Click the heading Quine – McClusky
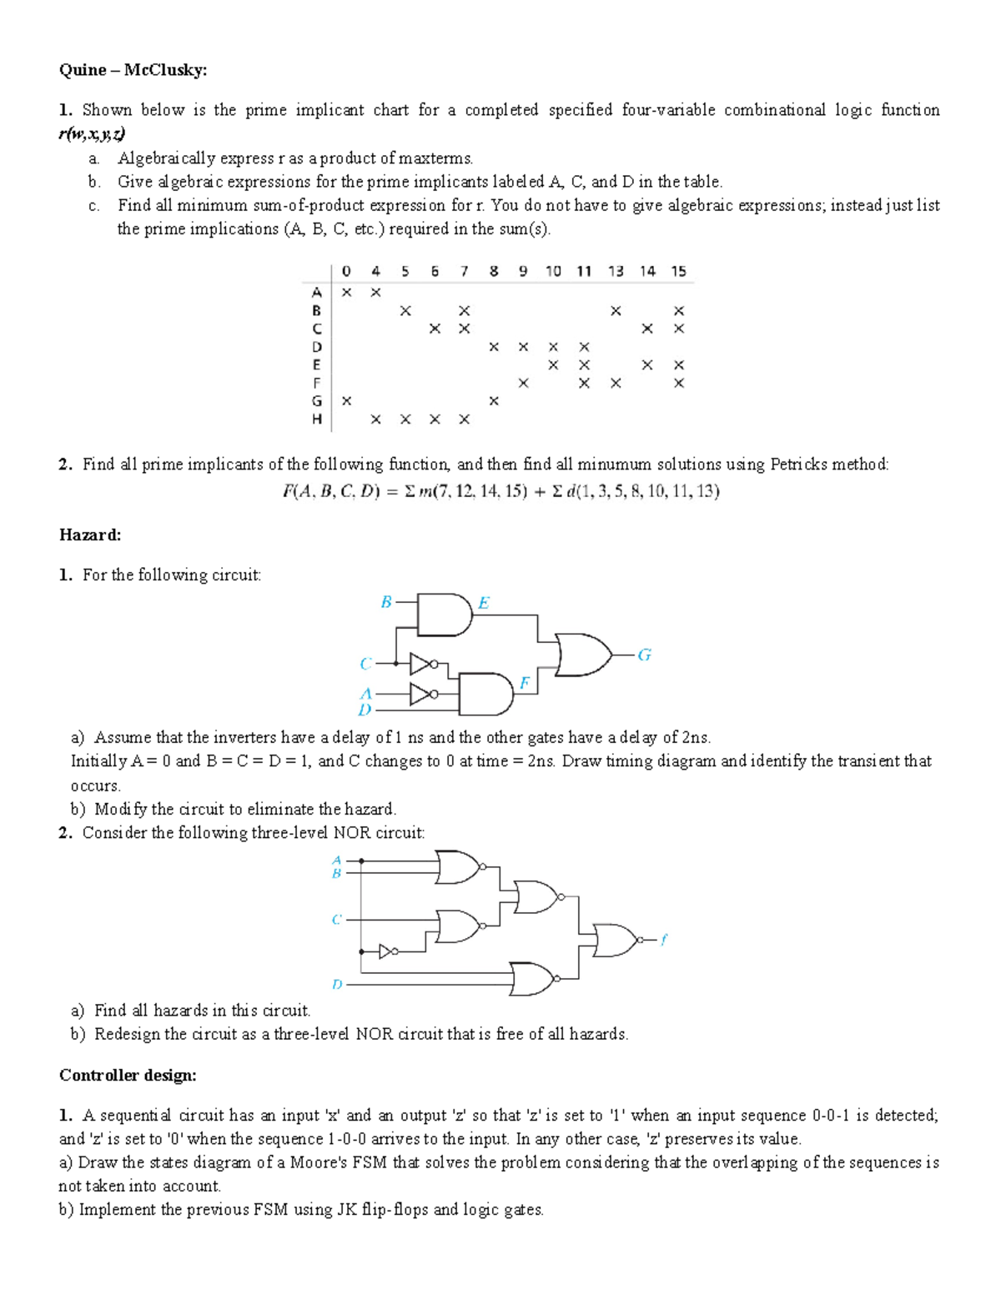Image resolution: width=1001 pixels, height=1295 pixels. [133, 70]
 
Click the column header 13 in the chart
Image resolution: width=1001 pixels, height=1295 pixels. [616, 271]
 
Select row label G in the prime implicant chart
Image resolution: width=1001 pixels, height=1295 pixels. [316, 401]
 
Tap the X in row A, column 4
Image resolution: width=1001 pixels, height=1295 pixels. [375, 292]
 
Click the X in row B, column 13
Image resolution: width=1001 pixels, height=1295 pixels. [616, 311]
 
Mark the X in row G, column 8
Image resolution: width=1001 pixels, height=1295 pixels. [494, 401]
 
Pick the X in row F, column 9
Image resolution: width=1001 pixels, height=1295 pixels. [523, 383]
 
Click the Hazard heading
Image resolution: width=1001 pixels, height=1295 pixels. [90, 535]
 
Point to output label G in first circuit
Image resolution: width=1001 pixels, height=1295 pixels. [644, 655]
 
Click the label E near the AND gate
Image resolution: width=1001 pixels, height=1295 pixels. [484, 603]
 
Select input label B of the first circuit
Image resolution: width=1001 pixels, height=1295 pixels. [385, 601]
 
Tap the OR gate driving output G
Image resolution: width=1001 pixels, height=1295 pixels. [582, 655]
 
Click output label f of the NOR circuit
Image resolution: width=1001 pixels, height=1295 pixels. [663, 940]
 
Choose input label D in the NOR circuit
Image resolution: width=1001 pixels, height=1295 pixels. [337, 984]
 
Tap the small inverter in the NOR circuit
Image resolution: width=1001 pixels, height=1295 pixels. [388, 951]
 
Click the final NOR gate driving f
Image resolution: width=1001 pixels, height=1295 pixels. [616, 940]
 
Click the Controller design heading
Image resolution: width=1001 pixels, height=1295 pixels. [128, 1075]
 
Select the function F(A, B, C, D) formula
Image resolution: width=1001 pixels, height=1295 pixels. [500, 491]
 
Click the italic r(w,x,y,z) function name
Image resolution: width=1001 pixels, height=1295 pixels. [92, 133]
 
